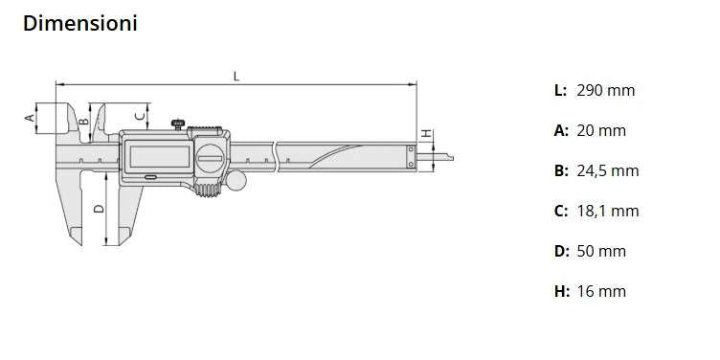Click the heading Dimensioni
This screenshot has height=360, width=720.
pyautogui.click(x=79, y=24)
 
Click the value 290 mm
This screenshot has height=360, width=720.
pyautogui.click(x=605, y=91)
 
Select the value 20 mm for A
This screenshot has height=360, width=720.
pyautogui.click(x=601, y=131)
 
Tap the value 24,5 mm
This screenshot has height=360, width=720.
pyautogui.click(x=607, y=171)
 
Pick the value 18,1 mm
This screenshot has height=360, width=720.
pyautogui.click(x=607, y=212)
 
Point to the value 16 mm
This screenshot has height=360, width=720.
pyautogui.click(x=601, y=291)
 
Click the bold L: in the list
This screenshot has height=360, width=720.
pyautogui.click(x=560, y=91)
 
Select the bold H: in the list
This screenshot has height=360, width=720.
pyautogui.click(x=561, y=291)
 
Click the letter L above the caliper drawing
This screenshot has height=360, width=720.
pyautogui.click(x=236, y=77)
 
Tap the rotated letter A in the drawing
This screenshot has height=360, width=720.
pyautogui.click(x=29, y=118)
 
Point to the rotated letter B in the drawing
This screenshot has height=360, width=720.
pyautogui.click(x=84, y=121)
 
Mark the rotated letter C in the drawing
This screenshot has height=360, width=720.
pyautogui.click(x=141, y=116)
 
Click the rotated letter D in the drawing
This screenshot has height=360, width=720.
pyautogui.click(x=99, y=207)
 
